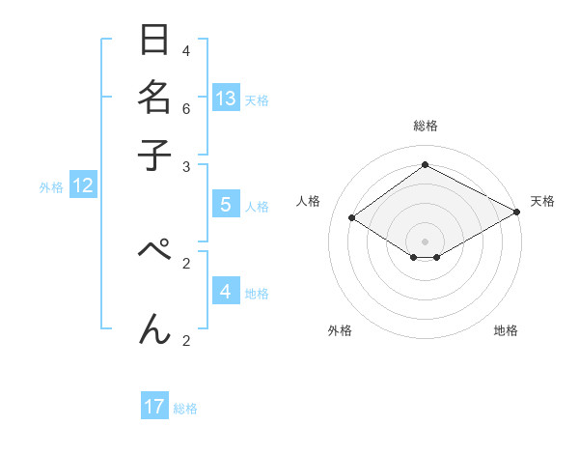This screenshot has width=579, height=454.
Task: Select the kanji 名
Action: (x=155, y=99)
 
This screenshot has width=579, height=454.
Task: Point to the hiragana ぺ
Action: (x=155, y=249)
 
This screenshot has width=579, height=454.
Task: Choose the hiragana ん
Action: (x=155, y=328)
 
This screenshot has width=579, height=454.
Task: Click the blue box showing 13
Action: (x=226, y=99)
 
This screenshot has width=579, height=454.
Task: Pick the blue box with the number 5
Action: (x=226, y=205)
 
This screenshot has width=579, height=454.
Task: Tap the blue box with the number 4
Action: (x=226, y=292)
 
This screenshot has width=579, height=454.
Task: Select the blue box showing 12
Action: (x=82, y=186)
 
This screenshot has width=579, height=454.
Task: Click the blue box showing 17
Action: (x=154, y=407)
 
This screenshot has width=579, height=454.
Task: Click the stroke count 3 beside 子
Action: (x=185, y=166)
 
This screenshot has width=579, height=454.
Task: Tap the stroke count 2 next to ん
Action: (x=185, y=340)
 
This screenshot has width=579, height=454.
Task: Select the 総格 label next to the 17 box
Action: (x=185, y=409)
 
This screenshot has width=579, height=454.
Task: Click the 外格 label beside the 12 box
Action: (x=51, y=188)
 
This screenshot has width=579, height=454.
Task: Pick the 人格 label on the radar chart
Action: (x=309, y=201)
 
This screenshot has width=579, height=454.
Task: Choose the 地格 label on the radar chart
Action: (x=506, y=330)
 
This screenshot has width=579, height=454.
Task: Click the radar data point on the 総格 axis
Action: (x=425, y=165)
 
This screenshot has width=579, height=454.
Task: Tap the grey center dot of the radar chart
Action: (x=425, y=241)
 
